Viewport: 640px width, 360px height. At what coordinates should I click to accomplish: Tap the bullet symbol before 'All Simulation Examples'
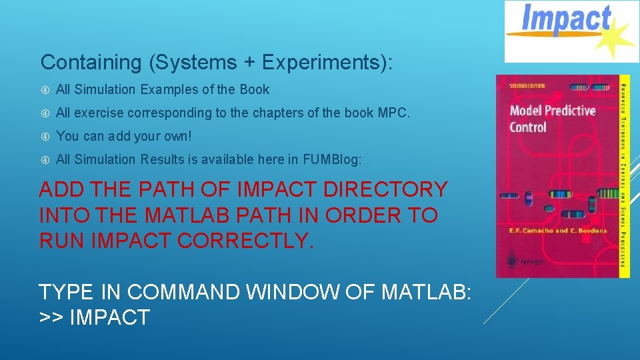(45, 90)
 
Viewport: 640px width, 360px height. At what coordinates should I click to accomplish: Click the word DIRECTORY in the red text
(385, 190)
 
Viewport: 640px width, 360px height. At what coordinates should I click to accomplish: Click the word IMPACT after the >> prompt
(110, 317)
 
